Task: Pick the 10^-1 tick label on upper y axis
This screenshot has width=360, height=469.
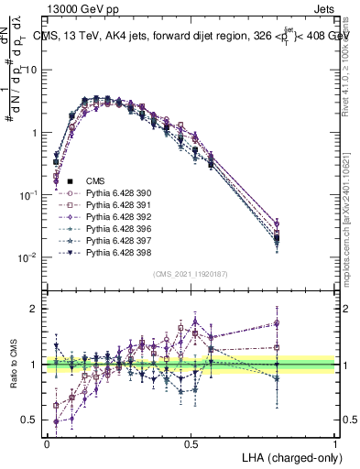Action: pos(27,195)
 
